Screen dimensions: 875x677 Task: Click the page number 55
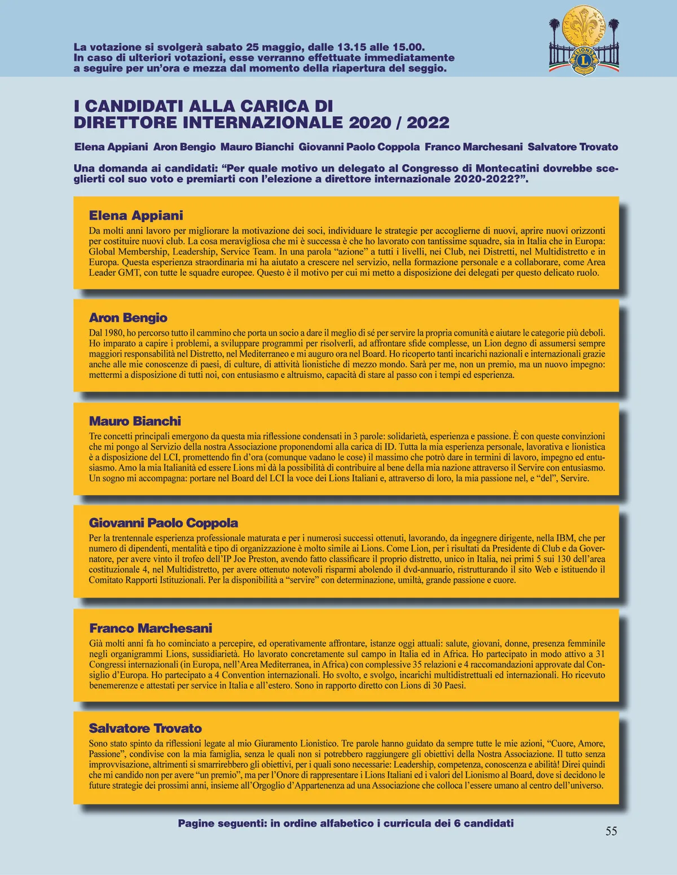tap(611, 831)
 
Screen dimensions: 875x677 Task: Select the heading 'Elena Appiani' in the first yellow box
tap(136, 216)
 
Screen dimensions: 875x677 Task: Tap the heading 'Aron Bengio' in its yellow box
tap(128, 318)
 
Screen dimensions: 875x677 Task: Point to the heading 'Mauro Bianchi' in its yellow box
tap(135, 421)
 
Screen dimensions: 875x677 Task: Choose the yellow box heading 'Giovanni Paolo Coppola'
tap(164, 523)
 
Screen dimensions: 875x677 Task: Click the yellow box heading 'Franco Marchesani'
tap(151, 628)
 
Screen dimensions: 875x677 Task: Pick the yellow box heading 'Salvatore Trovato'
tap(145, 728)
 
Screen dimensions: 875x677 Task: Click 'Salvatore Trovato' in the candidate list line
tap(573, 147)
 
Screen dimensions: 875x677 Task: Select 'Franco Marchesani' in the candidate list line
tap(473, 147)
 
